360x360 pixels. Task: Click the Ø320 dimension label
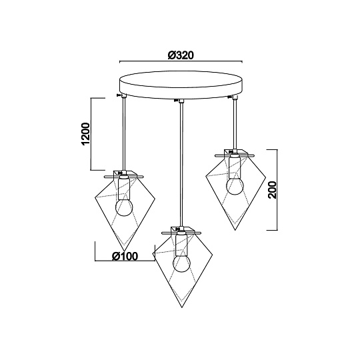point(181,55)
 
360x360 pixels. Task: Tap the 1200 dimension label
point(86,134)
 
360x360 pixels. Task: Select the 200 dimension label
point(273,190)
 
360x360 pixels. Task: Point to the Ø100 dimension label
point(125,256)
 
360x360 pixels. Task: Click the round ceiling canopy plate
point(181,85)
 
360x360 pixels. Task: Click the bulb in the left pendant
point(124,207)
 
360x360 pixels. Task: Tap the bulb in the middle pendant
point(181,263)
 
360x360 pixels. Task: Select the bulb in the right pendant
point(235,186)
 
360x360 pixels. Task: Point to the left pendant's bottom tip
point(125,251)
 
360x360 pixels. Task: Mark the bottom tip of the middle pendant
point(182,307)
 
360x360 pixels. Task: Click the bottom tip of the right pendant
point(235,230)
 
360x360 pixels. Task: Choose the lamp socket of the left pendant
point(124,188)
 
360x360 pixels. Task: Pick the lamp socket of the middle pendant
point(181,245)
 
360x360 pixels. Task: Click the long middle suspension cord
point(182,164)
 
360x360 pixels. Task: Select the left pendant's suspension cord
point(124,134)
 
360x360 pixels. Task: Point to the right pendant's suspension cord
point(235,124)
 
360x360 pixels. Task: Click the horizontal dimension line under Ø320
point(181,61)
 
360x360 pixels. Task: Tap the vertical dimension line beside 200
point(277,189)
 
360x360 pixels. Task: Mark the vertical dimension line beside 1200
point(91,134)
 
